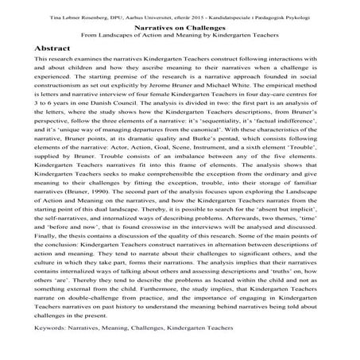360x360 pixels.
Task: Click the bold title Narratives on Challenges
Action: [180, 25]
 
